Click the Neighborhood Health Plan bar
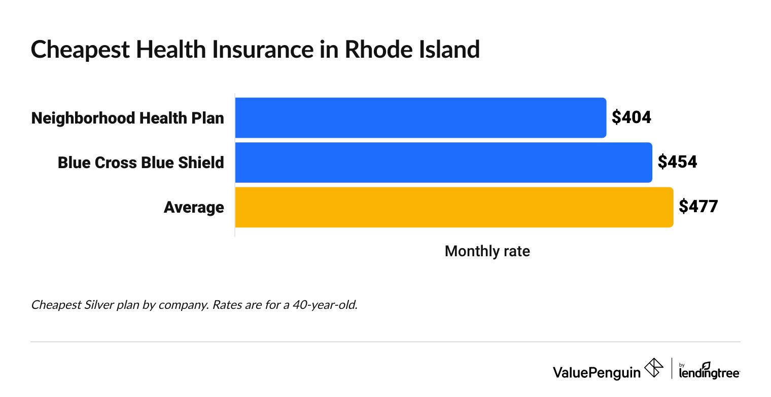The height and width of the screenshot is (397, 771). pos(420,117)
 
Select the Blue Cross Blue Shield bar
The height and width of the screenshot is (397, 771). pos(443,162)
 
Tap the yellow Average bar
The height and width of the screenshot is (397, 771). pos(454,207)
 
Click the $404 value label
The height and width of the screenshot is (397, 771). pos(631,117)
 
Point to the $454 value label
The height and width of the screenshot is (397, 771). pos(677,162)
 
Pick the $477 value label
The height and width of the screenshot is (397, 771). pos(698,207)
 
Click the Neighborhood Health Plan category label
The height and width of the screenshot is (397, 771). pos(127,118)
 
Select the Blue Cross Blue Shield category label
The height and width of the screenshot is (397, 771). pos(141,163)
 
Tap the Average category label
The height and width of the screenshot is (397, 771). pos(194,207)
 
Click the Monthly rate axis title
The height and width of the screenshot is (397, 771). pos(487,251)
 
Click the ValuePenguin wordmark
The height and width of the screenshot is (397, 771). pos(597,373)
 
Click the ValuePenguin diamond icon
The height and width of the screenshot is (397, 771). pos(653,368)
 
